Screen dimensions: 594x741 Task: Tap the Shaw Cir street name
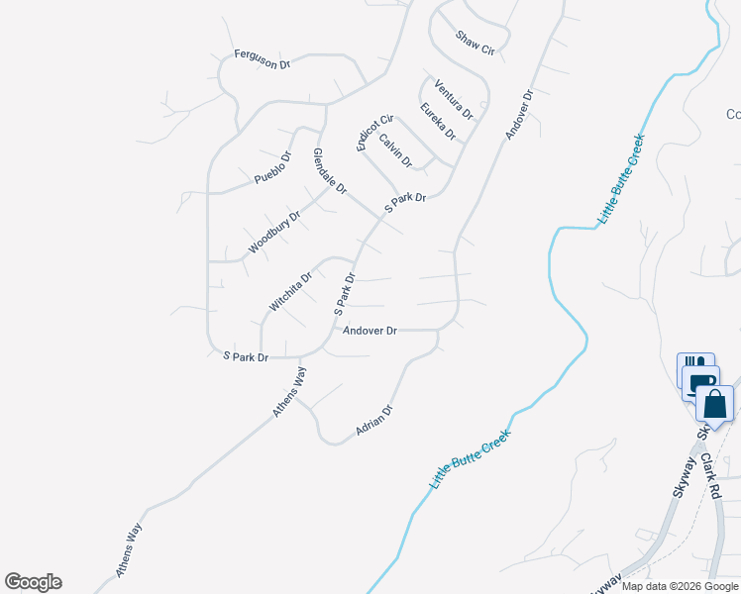[x=475, y=43]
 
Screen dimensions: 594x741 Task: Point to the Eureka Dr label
[x=437, y=121]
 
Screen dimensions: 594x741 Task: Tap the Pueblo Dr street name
[x=273, y=168]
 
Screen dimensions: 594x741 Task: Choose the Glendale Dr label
[x=330, y=170]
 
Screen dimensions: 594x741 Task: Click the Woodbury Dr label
[x=274, y=232]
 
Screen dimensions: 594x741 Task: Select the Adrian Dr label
[x=375, y=422]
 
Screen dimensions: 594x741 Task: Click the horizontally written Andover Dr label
[x=370, y=331]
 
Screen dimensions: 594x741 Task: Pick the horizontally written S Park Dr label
[x=246, y=356]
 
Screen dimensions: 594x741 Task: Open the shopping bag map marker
[x=714, y=404]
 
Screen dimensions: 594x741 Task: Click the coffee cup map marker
[x=700, y=382]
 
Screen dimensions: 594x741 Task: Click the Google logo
[x=33, y=582]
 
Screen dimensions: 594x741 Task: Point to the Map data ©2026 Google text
[x=679, y=586]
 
